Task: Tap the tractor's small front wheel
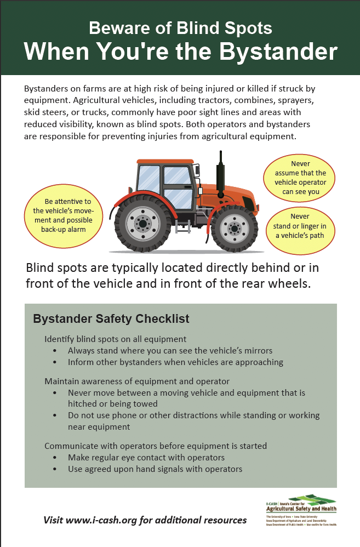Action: [235, 226]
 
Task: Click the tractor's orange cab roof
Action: [165, 161]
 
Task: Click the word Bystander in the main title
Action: [279, 52]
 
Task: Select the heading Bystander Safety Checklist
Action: [111, 318]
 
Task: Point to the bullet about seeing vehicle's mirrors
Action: [170, 350]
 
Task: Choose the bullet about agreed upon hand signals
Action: [155, 469]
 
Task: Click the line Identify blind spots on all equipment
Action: [115, 339]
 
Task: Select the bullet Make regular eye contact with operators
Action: [146, 457]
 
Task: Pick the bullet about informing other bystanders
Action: [175, 362]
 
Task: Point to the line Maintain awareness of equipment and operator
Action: [136, 381]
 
